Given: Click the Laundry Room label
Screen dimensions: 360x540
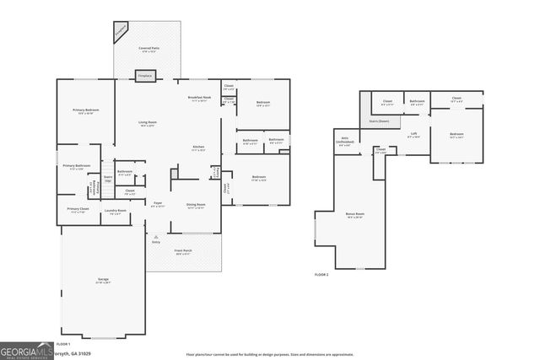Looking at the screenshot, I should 115,212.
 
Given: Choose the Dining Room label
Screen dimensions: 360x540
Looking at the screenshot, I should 196,206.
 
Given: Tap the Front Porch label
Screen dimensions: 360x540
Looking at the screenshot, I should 184,252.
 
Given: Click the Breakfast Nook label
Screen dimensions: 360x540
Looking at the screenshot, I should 200,99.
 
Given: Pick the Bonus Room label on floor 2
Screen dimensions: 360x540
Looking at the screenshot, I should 354,215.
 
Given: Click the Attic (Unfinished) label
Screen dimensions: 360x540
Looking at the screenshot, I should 344,140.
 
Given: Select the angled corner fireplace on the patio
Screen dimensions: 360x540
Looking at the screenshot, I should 121,32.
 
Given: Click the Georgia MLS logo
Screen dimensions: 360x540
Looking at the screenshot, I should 26,352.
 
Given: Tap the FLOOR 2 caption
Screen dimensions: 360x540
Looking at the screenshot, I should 321,276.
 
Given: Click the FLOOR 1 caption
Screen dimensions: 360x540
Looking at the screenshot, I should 62,345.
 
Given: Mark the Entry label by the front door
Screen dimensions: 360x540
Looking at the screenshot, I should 156,243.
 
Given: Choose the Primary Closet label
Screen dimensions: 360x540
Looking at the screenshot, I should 78,211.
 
